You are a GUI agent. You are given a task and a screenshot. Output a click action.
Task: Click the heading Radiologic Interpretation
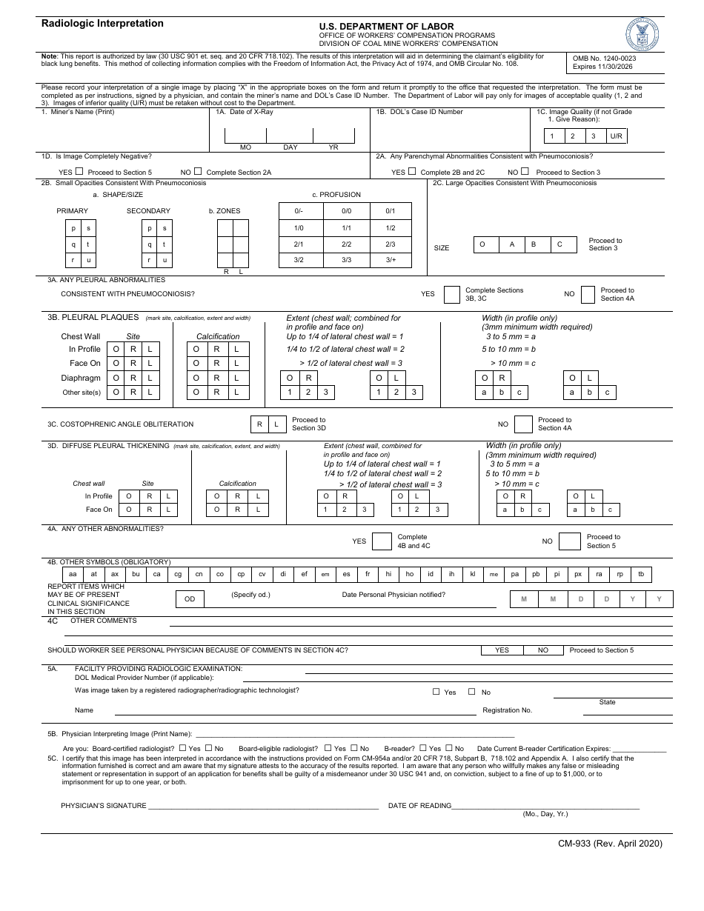pos(102,24)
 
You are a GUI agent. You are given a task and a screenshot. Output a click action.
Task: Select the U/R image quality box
pos(617,136)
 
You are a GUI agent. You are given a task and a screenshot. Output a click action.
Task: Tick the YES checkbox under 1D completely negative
pos(79,171)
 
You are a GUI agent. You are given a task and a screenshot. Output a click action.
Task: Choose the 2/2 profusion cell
pos(346,244)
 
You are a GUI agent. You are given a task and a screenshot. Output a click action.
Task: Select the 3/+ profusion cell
pos(391,260)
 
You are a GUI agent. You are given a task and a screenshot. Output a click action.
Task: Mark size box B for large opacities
pos(534,244)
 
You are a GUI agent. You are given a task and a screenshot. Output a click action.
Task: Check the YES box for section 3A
pos(451,295)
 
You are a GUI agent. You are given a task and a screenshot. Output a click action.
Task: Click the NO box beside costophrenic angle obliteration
pos(523,424)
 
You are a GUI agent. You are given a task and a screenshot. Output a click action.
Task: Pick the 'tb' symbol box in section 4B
pos(641,574)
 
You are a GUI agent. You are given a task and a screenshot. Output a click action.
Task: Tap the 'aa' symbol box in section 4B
pos(72,574)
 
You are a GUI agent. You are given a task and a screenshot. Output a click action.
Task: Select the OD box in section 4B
pos(190,598)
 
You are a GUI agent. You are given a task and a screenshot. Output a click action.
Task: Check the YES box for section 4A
pos(382,541)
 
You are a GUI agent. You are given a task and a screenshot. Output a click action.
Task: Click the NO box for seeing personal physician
pos(543,650)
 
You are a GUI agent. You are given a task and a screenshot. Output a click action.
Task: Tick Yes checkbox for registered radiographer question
pos(436,692)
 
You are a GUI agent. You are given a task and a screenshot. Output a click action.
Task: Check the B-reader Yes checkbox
pos(422,748)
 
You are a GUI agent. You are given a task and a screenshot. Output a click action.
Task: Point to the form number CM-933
pos(610,843)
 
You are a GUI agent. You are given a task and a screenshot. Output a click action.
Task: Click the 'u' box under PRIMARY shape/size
pos(88,260)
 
